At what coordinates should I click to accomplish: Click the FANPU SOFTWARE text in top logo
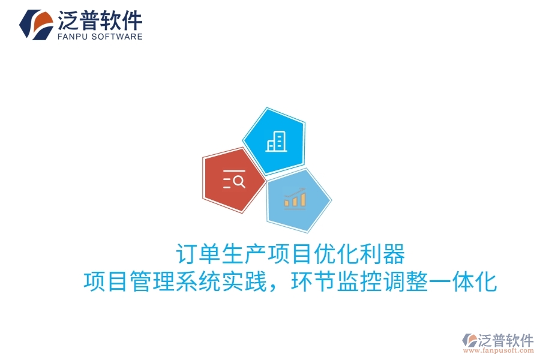[100, 36]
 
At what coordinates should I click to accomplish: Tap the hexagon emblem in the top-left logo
[37, 25]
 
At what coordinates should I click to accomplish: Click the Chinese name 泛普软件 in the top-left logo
[100, 20]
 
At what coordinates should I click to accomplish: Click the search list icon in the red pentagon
[234, 179]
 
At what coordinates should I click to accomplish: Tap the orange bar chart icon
[295, 198]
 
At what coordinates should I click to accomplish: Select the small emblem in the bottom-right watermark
[469, 341]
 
